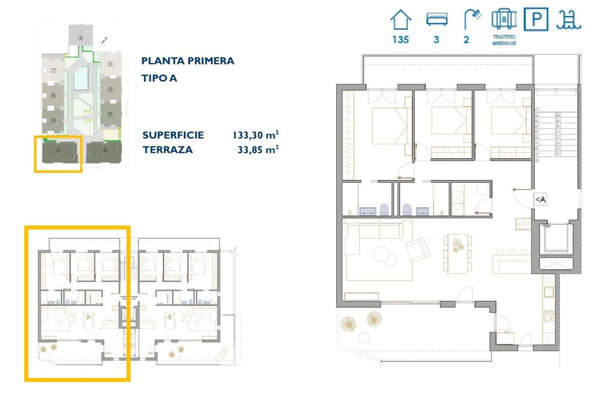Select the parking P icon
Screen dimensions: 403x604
[537, 20]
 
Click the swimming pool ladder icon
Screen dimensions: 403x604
[569, 20]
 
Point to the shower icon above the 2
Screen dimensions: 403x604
[472, 20]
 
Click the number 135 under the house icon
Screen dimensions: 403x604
[401, 40]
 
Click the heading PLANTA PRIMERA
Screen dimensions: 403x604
[188, 61]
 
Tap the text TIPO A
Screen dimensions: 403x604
[159, 78]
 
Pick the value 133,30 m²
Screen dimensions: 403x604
[256, 135]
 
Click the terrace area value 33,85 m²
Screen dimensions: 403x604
[258, 150]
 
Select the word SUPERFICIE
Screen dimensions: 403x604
[173, 135]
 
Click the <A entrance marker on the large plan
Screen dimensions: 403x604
[540, 199]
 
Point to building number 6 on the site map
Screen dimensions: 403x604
[80, 38]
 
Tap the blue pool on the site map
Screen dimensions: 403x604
[81, 78]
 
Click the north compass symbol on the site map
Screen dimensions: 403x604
[104, 40]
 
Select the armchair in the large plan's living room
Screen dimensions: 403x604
[418, 249]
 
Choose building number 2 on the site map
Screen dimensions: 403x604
[105, 150]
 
